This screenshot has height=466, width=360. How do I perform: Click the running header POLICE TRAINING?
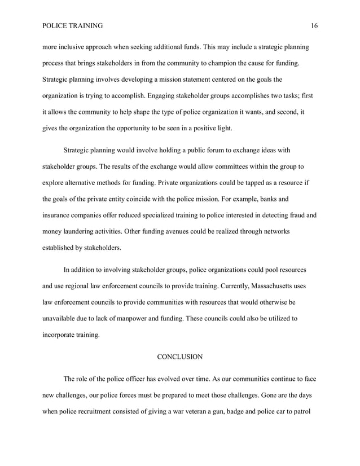coord(73,25)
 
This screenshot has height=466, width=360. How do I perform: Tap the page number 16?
coord(314,25)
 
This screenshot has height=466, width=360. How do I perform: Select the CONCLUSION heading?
coord(179,357)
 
